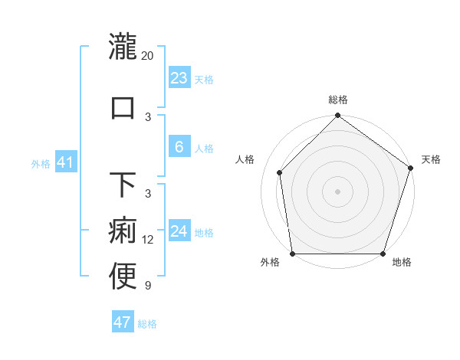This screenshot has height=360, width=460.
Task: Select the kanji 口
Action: pos(123,106)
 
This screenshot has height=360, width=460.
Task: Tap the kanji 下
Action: pos(123,185)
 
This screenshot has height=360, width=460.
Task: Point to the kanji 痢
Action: pos(123,231)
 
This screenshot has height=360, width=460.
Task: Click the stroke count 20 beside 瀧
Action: pos(148,55)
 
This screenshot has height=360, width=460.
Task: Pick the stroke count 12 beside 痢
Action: pos(148,240)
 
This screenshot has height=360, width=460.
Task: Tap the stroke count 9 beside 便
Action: pos(148,286)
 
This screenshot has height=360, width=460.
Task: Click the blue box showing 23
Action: pos(179,78)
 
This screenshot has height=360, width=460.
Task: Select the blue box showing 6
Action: pos(179,147)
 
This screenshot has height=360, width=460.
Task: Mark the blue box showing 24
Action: pos(179,231)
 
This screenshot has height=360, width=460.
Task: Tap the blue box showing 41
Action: pos(65,162)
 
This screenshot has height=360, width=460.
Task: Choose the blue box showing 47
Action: pos(122,322)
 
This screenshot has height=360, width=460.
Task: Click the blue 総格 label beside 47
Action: pos(147,324)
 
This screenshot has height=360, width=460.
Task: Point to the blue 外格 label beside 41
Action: pos(41,163)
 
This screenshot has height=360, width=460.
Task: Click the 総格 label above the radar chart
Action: pos(338,100)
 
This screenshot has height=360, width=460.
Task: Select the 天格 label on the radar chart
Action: pos(431,159)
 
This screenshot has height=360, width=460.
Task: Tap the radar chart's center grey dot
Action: pos(337,191)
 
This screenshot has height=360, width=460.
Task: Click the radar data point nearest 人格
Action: pos(280,172)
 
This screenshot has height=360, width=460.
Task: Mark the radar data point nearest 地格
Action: pos(383,253)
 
